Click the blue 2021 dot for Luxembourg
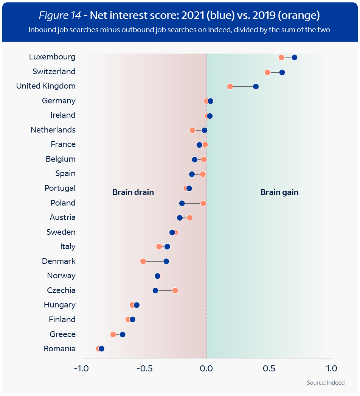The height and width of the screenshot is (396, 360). click(294, 58)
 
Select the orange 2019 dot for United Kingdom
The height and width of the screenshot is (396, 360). click(230, 87)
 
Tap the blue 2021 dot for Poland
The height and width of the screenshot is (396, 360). click(182, 203)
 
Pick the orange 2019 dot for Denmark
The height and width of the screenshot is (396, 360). click(143, 262)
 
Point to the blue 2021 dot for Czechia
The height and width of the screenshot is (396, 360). click(155, 291)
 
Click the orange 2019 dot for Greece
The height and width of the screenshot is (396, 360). click(113, 335)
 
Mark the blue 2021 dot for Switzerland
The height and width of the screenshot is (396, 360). click(282, 72)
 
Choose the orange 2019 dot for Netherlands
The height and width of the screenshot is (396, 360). click(192, 131)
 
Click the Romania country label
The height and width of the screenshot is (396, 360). click(60, 349)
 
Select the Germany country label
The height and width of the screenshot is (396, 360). click(59, 101)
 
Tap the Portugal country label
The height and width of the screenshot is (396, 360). click(60, 188)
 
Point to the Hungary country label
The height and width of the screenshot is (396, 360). click(59, 305)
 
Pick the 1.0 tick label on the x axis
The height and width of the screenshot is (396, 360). click(331, 368)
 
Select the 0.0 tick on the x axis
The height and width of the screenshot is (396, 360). click(207, 368)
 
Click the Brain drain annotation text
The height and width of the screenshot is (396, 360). click(133, 192)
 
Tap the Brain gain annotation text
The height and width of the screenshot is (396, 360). click(279, 192)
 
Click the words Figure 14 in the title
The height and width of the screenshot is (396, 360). click(59, 16)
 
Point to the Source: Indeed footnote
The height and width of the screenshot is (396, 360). click(326, 383)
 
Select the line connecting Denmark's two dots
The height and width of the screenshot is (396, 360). click(155, 262)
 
